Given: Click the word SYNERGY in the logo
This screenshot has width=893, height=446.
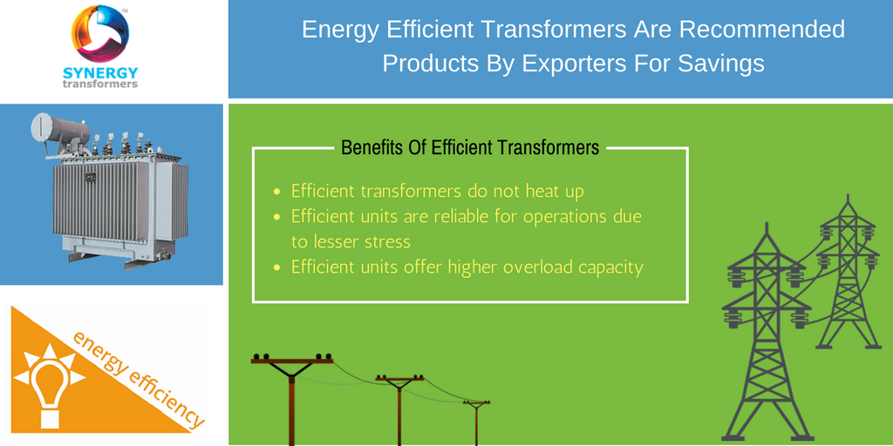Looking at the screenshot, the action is [100, 73].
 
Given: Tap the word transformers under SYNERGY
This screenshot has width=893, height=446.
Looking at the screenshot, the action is [100, 84].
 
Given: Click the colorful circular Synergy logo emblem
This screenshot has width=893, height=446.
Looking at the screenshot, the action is [100, 33].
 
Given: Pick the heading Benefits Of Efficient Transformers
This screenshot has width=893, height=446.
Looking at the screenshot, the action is [470, 148].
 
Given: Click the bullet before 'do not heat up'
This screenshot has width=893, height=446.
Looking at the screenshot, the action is [276, 193].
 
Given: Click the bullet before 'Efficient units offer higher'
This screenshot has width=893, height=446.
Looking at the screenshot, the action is [276, 267].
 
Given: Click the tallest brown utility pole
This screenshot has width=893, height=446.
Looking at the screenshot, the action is [292, 399].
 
